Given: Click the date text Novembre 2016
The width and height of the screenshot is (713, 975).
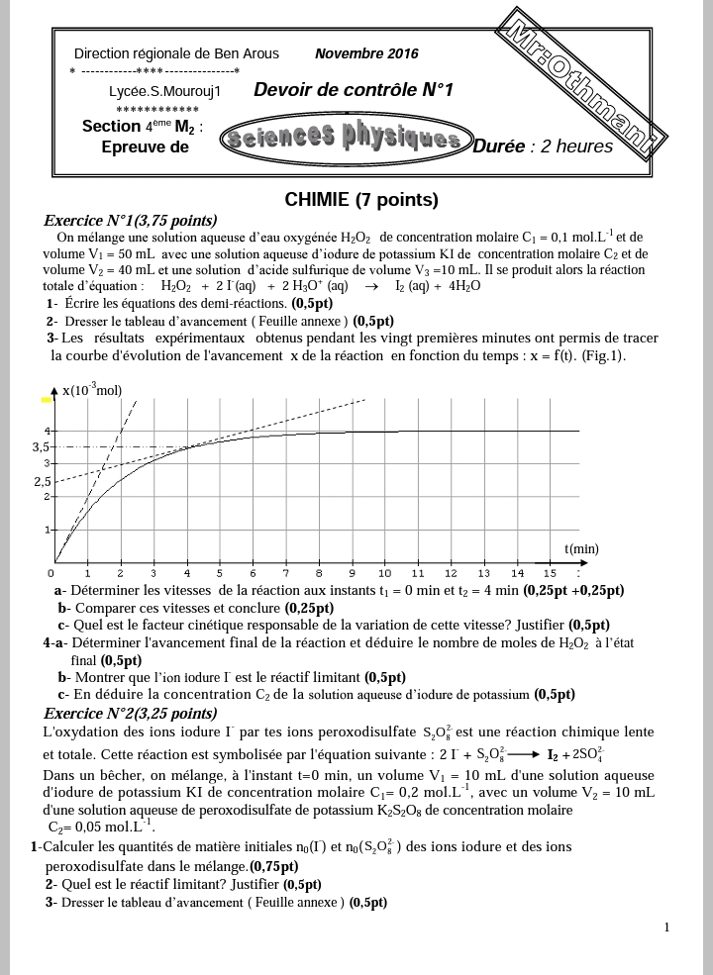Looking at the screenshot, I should click(366, 53).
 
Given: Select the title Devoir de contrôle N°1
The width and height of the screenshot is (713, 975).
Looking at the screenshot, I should click(353, 90).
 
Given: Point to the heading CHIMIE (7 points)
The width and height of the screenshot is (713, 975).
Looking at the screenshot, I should click(360, 200).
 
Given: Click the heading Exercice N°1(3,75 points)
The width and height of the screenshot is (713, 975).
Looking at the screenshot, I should click(131, 221).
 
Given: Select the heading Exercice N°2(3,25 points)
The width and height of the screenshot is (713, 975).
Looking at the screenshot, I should click(131, 713).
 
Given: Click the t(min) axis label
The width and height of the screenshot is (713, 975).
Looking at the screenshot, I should click(581, 548).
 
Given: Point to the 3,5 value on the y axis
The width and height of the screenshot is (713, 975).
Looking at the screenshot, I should click(41, 447).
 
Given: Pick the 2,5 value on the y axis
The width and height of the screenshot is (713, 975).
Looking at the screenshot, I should click(42, 482).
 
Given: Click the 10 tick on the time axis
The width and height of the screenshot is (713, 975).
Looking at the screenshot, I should click(384, 573).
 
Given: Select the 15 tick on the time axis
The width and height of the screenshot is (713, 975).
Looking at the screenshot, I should click(550, 573).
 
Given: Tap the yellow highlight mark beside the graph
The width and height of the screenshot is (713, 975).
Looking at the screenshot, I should click(46, 400).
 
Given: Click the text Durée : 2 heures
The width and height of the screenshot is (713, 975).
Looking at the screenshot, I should click(543, 146).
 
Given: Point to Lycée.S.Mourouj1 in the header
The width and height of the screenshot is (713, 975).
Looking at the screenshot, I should click(164, 91).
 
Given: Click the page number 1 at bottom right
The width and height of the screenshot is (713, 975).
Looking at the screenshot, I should click(667, 927).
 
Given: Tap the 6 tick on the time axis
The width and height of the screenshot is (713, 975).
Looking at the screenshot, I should click(252, 573).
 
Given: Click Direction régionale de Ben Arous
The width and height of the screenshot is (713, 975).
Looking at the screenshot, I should click(176, 53).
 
